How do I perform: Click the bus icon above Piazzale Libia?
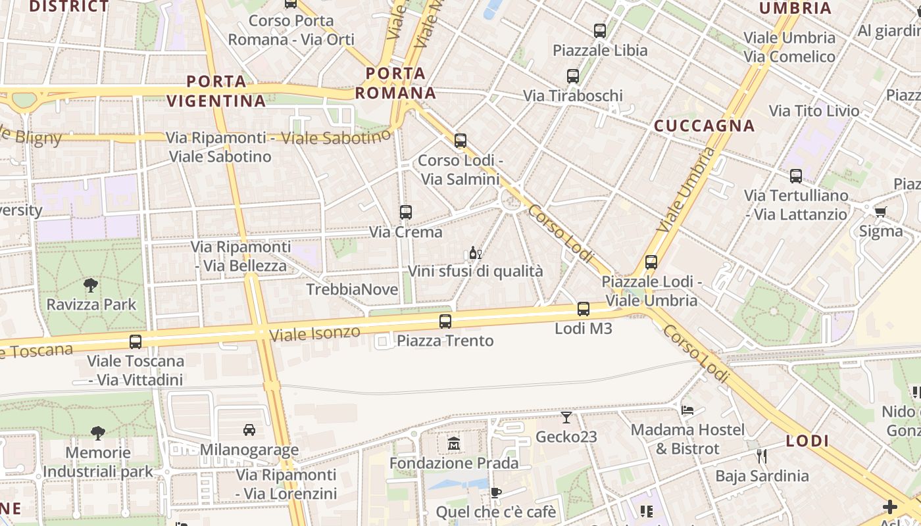point(599,30)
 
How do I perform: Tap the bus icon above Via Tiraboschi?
point(573,76)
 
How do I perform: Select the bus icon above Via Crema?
point(406,212)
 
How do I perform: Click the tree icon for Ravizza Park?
point(91,285)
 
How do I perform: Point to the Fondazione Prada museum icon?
point(454,444)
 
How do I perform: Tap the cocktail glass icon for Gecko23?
point(566,418)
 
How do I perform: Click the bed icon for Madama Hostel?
point(687,410)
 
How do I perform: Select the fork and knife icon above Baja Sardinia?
point(762,456)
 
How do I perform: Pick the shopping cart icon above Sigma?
point(880,212)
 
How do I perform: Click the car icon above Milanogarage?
point(249,430)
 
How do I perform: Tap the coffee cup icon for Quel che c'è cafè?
point(496,492)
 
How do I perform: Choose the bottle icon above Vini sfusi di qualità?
point(475,252)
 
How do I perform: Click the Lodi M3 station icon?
point(583,308)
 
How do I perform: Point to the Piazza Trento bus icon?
point(445,321)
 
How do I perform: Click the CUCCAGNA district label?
point(704,126)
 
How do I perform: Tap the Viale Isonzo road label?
point(315,333)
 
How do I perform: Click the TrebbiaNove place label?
point(352,289)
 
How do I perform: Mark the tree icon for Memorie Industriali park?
point(98,433)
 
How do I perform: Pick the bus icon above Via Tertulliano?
point(796,176)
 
